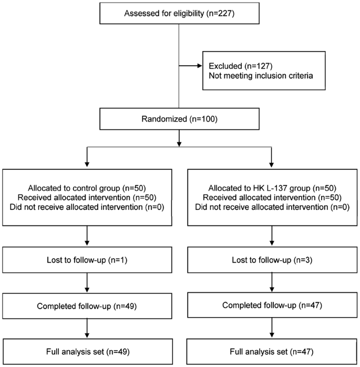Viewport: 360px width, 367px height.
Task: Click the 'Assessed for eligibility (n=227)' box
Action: point(179,13)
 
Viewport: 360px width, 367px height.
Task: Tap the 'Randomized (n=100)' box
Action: point(179,120)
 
